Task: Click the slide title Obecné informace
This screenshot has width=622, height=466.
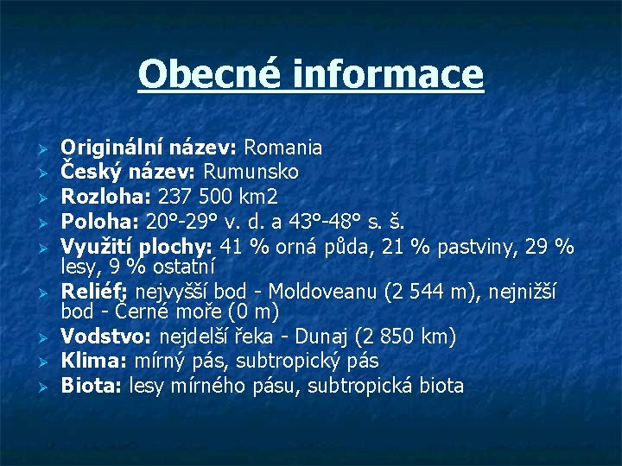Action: click(311, 74)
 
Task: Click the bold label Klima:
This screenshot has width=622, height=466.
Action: click(91, 360)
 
